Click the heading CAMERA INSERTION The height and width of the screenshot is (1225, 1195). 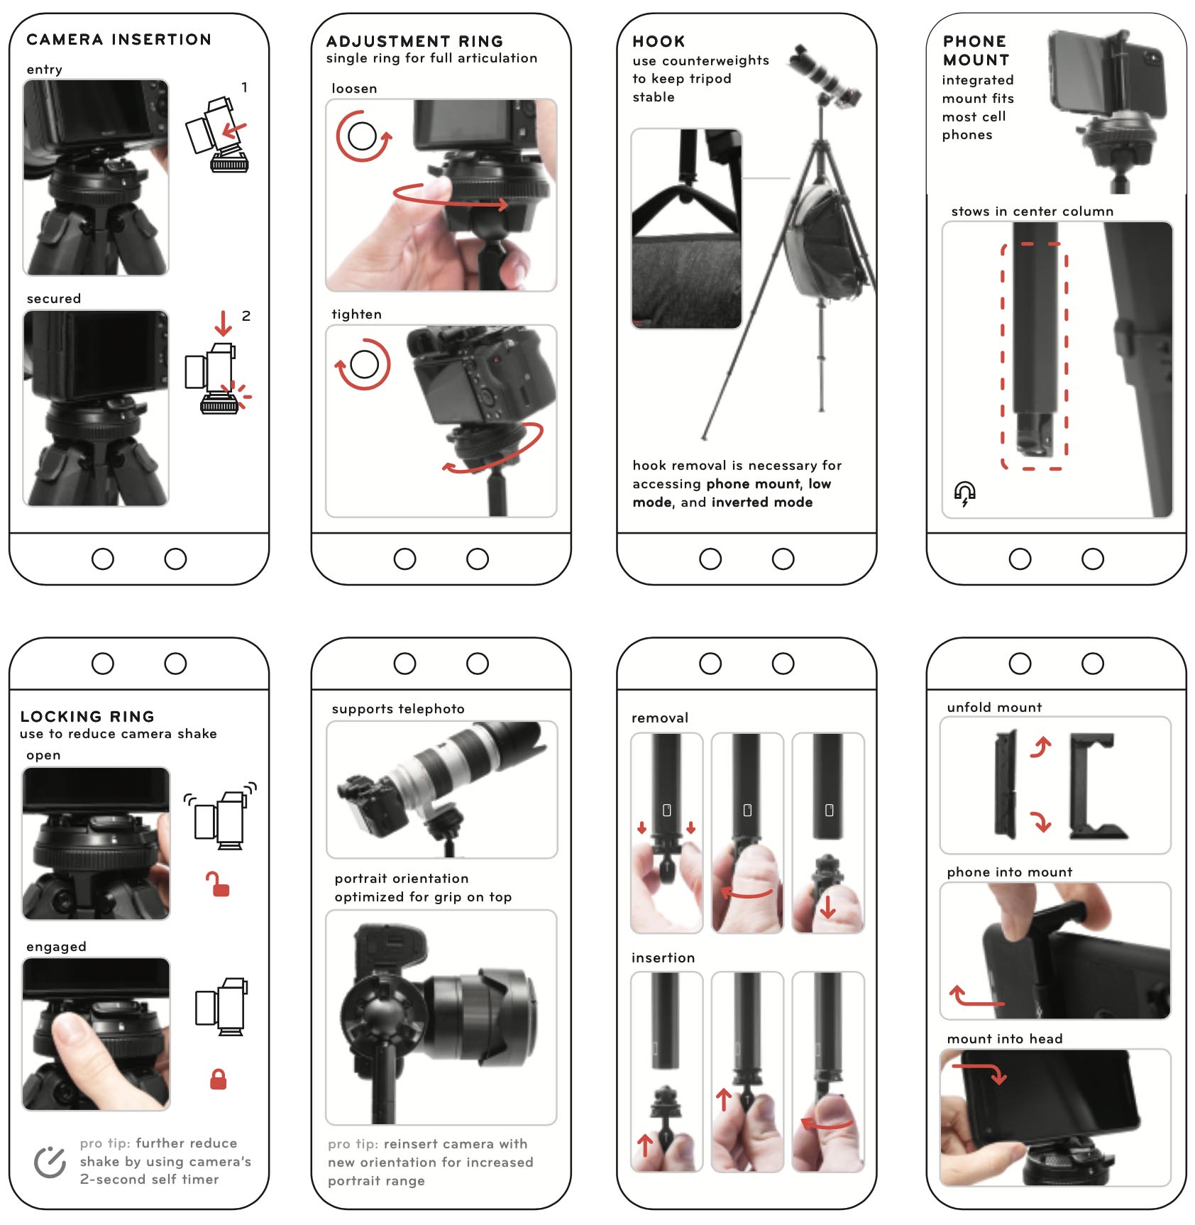[119, 39]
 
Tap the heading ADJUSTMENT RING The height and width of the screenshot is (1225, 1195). [414, 41]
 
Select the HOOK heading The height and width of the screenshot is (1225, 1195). [659, 41]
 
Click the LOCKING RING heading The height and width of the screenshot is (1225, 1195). [87, 716]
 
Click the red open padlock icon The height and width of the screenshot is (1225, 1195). [219, 884]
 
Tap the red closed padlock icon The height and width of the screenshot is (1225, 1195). [219, 1079]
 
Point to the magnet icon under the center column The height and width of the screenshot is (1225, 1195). [964, 493]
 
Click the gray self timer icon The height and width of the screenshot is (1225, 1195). [50, 1162]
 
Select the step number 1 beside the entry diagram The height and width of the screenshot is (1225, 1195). [244, 87]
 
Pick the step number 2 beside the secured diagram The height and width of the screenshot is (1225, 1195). [246, 316]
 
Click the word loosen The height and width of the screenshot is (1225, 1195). [354, 89]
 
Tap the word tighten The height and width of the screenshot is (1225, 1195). [356, 314]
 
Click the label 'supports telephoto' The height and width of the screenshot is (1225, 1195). [398, 708]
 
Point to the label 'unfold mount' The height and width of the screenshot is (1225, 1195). [994, 707]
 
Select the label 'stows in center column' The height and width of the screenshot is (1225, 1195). [1032, 211]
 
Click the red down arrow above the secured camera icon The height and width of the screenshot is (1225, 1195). [223, 322]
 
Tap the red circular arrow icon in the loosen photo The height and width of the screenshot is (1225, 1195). [363, 136]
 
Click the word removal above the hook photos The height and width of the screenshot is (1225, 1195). [660, 718]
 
